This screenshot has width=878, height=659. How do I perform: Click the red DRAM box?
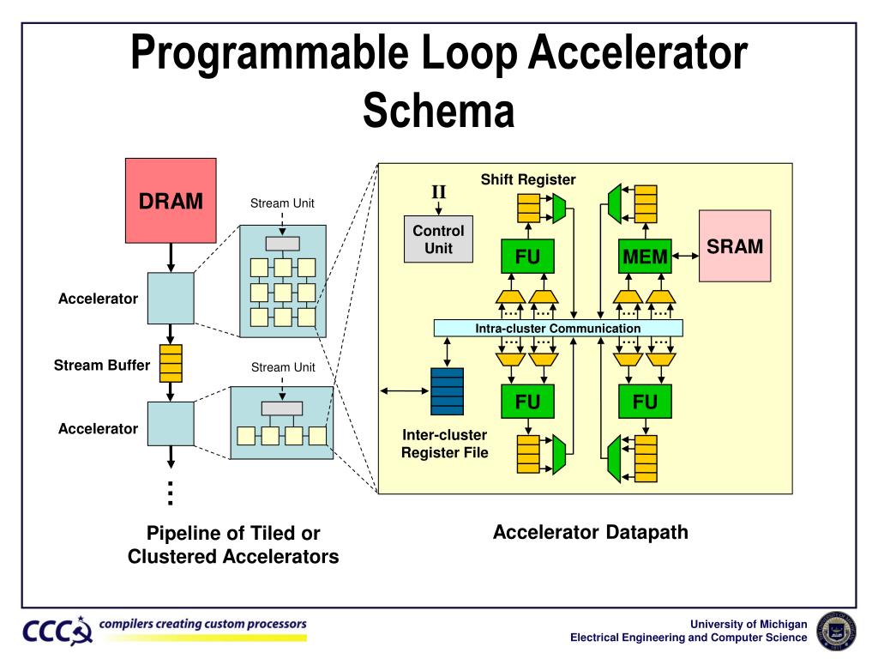click(171, 201)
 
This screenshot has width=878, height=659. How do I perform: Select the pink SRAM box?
click(735, 246)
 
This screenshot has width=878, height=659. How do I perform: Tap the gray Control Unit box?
click(438, 239)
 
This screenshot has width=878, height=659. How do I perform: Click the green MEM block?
click(645, 257)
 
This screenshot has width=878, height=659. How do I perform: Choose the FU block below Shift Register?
click(527, 257)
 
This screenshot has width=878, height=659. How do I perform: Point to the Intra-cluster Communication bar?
click(558, 328)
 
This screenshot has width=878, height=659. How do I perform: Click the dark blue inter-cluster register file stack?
click(447, 391)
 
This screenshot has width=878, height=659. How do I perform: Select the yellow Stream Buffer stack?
click(171, 363)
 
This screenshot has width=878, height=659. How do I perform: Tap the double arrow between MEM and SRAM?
click(685, 256)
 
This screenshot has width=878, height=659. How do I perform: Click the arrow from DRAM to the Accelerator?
click(171, 257)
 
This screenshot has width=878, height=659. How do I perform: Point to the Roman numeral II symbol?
click(438, 192)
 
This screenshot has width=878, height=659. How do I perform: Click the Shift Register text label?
click(528, 179)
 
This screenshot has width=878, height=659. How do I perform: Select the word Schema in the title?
click(438, 111)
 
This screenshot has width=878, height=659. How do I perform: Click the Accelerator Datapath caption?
click(591, 532)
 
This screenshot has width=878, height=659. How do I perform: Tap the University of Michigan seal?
click(837, 631)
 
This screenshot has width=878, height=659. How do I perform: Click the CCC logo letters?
click(53, 632)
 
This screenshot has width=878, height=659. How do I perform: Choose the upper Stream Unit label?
click(282, 203)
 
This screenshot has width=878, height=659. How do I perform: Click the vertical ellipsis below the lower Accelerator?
click(171, 493)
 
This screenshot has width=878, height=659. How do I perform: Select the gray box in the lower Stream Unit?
click(282, 408)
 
